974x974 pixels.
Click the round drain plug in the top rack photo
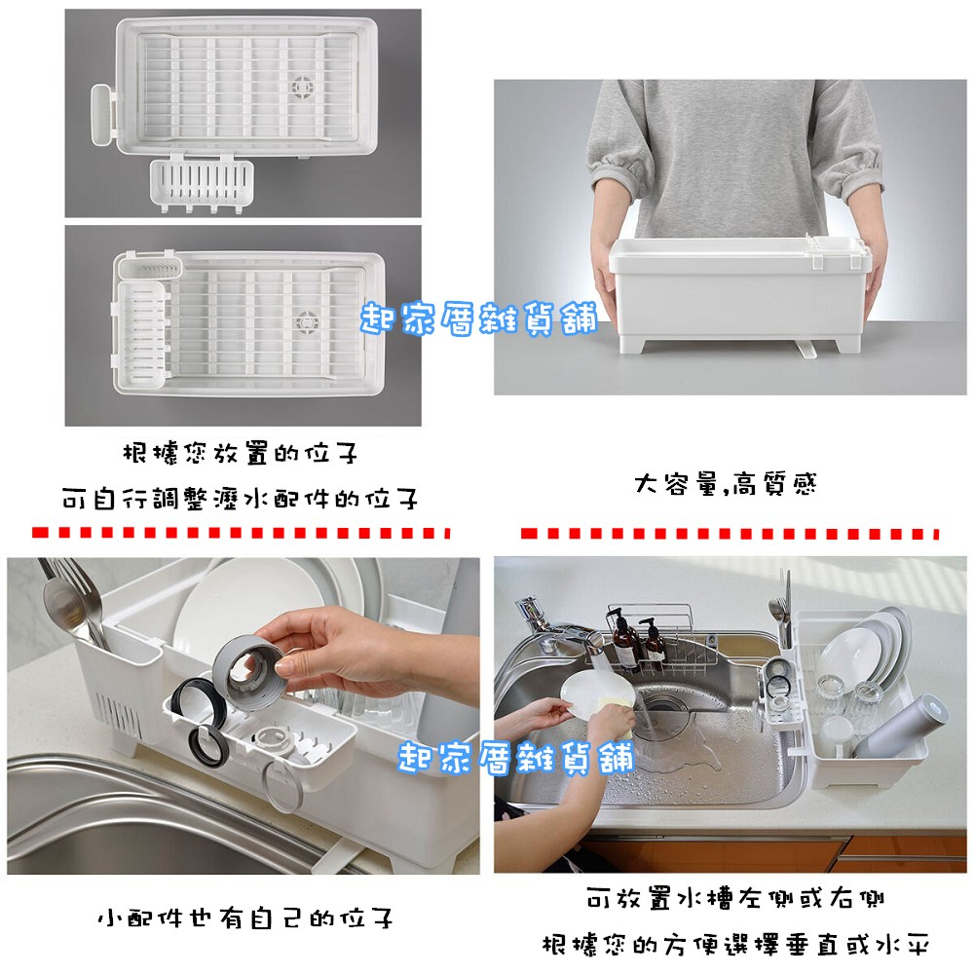pos(303,88)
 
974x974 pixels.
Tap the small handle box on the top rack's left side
pos(104,114)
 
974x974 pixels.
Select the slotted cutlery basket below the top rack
pos(202,183)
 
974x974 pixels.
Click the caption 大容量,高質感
pos(725,484)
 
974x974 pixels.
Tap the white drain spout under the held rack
pos(806,349)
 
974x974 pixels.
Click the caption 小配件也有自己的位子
pos(245,918)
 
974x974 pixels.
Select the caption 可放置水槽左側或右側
pos(734,898)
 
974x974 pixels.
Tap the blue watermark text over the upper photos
pos(479,319)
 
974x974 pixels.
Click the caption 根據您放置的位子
pos(240,454)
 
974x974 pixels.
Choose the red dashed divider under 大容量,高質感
pos(730,533)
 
